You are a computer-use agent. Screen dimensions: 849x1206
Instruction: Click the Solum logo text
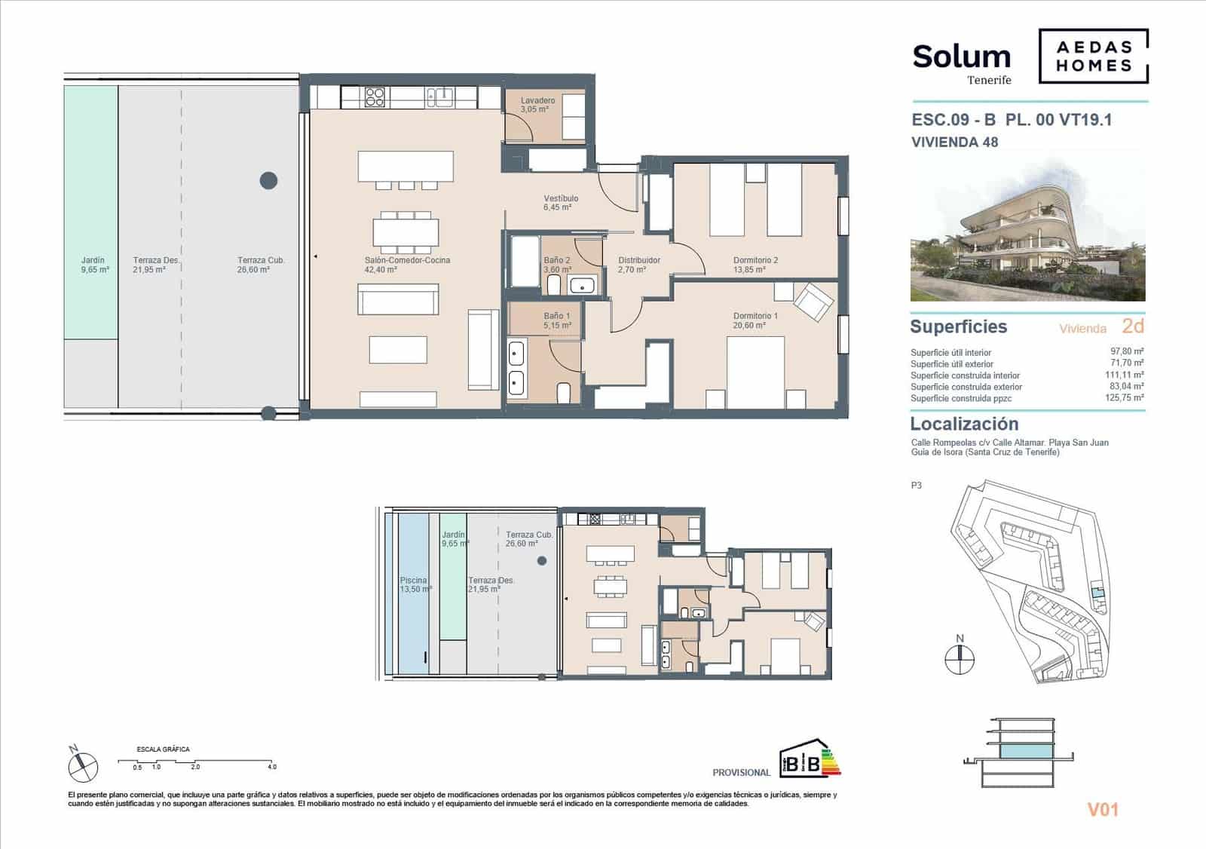click(x=961, y=57)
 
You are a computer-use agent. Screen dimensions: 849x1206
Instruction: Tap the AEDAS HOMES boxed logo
click(x=1093, y=56)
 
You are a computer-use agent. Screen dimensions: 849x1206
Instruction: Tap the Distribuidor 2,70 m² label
click(x=638, y=265)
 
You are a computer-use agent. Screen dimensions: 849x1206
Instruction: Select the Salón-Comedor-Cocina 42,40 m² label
click(x=407, y=265)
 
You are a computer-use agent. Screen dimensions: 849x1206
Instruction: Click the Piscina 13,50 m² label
click(x=415, y=584)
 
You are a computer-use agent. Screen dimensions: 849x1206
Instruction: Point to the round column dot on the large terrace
click(x=268, y=180)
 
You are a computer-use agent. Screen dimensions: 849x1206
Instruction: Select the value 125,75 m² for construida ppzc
click(x=1125, y=397)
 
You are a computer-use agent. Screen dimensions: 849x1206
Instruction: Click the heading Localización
click(x=963, y=424)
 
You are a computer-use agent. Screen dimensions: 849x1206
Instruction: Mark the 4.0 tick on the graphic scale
click(x=271, y=767)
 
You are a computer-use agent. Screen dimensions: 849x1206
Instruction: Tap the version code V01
click(x=1102, y=810)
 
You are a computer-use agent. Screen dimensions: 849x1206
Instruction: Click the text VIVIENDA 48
click(x=954, y=142)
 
